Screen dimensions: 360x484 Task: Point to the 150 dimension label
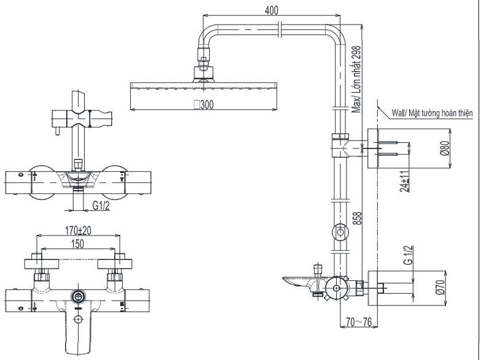[77, 244]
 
